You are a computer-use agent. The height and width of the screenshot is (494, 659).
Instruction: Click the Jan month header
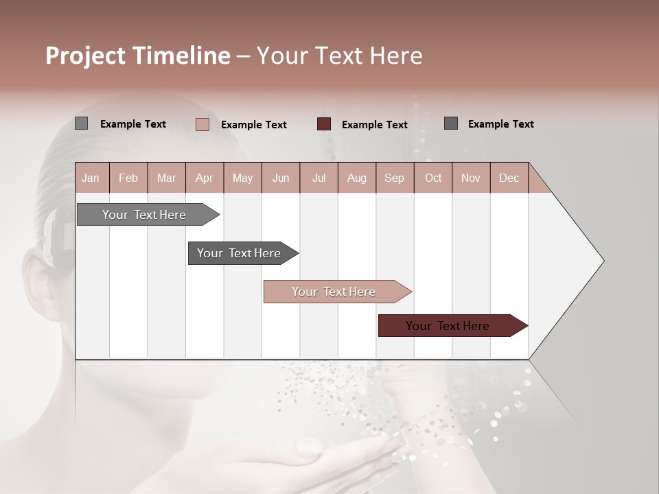[x=91, y=178]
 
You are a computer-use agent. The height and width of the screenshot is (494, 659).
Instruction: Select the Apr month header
[x=205, y=178]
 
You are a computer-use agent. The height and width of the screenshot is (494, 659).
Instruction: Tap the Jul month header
[x=319, y=178]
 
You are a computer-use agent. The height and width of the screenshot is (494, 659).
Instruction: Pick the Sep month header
[x=395, y=178]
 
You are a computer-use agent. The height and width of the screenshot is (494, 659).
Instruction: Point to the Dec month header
[x=509, y=178]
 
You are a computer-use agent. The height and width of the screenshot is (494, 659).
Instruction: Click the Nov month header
[x=471, y=178]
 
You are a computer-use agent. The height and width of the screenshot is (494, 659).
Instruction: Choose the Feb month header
[x=128, y=178]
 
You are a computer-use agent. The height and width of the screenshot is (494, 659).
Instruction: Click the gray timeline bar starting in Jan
[x=144, y=215]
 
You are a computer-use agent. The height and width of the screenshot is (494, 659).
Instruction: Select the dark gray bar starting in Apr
[x=239, y=253]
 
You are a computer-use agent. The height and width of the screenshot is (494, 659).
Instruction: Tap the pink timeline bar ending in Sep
[x=334, y=292]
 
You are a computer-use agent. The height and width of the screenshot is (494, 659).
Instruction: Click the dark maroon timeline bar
[x=448, y=326]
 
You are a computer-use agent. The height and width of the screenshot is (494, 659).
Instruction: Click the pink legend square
[x=203, y=124]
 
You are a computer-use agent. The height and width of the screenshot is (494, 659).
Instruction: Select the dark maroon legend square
[x=324, y=124]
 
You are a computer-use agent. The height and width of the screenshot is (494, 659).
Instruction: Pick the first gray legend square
[x=82, y=123]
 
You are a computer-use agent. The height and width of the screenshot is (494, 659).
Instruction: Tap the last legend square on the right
[x=451, y=123]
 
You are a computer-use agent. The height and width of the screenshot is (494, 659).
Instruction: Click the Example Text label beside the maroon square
[x=374, y=125]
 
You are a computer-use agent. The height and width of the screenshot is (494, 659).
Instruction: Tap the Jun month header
[x=281, y=178]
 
